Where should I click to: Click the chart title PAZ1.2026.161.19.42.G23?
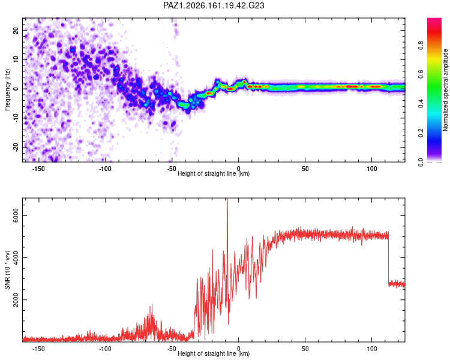pyautogui.click(x=214, y=5)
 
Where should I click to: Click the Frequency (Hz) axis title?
pyautogui.click(x=7, y=90)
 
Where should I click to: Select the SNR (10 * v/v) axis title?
pyautogui.click(x=7, y=270)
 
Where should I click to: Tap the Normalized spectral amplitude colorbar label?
pyautogui.click(x=445, y=90)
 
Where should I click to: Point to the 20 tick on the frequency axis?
pyautogui.click(x=16, y=31)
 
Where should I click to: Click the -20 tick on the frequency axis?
pyautogui.click(x=16, y=148)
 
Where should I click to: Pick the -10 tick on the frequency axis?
pyautogui.click(x=16, y=118)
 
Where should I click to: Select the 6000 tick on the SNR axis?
pyautogui.click(x=16, y=215)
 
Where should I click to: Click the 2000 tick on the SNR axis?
pyautogui.click(x=16, y=300)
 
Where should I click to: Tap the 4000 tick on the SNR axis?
pyautogui.click(x=16, y=257)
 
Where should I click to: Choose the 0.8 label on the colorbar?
pyautogui.click(x=421, y=46)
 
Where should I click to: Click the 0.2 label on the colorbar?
pyautogui.click(x=421, y=133)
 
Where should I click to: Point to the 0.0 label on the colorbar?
pyautogui.click(x=421, y=162)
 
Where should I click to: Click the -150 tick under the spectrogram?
pyautogui.click(x=38, y=169)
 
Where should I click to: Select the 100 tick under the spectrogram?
pyautogui.click(x=371, y=169)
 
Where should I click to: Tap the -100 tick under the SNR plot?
pyautogui.click(x=105, y=349)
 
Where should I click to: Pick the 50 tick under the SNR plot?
pyautogui.click(x=305, y=349)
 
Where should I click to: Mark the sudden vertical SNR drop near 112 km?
pyautogui.click(x=388, y=259)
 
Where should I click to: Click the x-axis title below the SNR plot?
pyautogui.click(x=214, y=353)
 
